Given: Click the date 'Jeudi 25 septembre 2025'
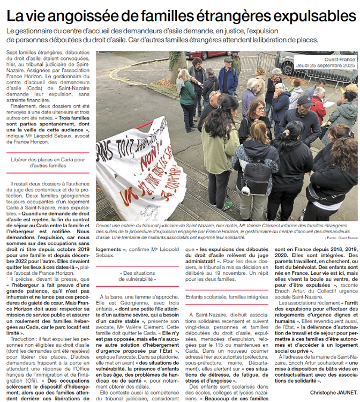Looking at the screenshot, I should tap(326, 65).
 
